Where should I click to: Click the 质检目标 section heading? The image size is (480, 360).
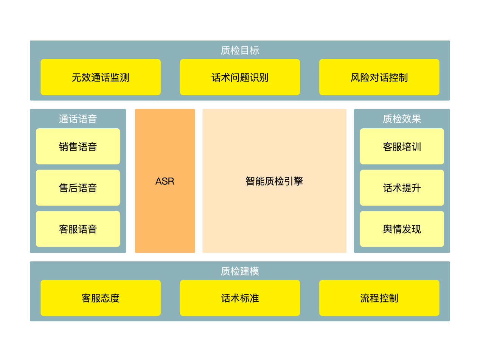coord(240,50)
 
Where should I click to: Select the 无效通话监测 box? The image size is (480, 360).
coord(101,77)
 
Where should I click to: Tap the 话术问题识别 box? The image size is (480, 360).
coord(240,77)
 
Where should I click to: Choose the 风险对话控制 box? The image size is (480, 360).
coord(379,77)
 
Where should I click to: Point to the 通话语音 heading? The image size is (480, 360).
coord(78,119)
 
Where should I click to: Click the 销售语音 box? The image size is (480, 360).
coord(78,146)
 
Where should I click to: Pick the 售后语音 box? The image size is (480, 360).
coord(78,188)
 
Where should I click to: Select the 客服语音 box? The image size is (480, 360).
coord(78,229)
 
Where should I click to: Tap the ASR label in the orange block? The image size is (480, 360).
coord(165,181)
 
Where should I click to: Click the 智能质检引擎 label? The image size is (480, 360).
coord(274,181)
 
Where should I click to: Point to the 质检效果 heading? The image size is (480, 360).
coord(402,119)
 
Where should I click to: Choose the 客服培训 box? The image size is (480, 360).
coord(402,146)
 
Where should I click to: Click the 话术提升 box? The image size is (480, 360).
coord(402,188)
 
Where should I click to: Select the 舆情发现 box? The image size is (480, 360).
coord(402,229)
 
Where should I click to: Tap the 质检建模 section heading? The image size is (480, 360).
coord(240,271)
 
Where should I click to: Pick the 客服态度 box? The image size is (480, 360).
coord(101,298)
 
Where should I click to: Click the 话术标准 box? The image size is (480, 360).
coord(240,298)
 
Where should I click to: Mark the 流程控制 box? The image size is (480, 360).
coord(379,298)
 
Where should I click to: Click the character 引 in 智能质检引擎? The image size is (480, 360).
coord(289,181)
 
